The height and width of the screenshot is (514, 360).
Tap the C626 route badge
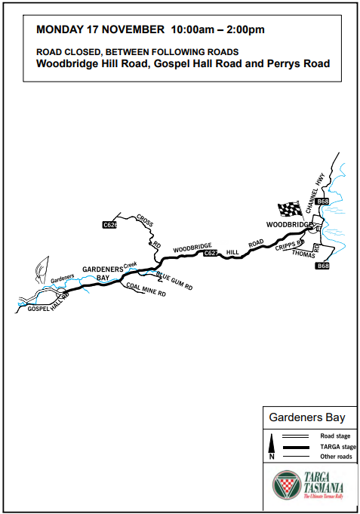click(109, 225)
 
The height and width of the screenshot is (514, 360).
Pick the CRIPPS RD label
click(289, 245)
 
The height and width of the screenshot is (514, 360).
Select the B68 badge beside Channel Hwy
click(322, 202)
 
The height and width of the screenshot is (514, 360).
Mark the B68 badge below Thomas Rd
click(322, 266)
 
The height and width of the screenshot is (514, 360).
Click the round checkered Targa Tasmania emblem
click(285, 485)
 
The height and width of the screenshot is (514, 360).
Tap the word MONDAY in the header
click(63, 30)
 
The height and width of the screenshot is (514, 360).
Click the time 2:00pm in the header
click(245, 30)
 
